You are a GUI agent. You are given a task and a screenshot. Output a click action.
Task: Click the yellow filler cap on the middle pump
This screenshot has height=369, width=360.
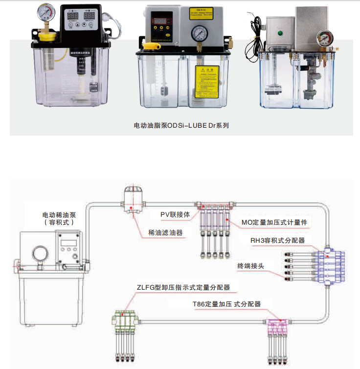151,47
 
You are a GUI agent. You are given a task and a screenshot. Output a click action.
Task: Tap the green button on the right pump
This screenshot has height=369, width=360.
281,34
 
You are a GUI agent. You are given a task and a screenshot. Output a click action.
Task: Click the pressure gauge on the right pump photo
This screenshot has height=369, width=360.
323,38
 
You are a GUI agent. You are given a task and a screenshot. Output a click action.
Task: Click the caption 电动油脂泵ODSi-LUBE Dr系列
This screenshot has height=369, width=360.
181,125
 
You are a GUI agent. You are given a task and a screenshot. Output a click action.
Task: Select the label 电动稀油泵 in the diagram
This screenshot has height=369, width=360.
59,215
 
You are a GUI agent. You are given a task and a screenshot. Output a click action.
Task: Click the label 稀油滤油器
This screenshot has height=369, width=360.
165,232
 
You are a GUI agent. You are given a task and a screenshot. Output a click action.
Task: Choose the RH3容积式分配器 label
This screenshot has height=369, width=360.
277,240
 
